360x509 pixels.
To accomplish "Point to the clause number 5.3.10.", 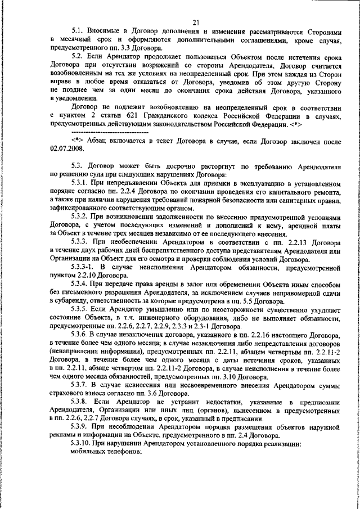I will [83, 444].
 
